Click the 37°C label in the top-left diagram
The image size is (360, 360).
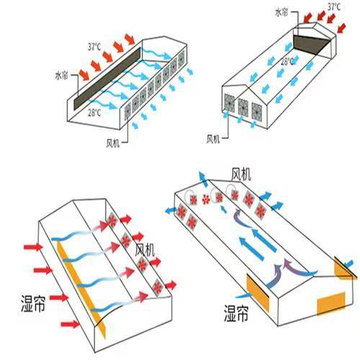94,47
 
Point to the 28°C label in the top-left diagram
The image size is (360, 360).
94,112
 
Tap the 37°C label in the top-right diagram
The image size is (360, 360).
334,6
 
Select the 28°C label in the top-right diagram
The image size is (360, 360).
287,61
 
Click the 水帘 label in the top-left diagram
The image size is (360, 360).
62,76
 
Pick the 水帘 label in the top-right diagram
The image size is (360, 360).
282,12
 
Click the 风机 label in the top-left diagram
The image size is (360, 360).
113,143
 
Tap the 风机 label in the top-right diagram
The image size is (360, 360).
213,139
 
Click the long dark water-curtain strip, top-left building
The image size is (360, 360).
107,78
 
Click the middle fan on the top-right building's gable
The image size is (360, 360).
243,107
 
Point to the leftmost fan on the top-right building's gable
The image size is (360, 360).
230,102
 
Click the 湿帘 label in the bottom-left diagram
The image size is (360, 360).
33,303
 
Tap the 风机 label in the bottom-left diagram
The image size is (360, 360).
145,250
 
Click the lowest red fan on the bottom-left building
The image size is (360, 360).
158,287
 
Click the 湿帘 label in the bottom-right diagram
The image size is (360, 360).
236,313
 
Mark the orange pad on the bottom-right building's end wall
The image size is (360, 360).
331,304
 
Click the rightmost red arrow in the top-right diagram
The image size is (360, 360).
342,27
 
